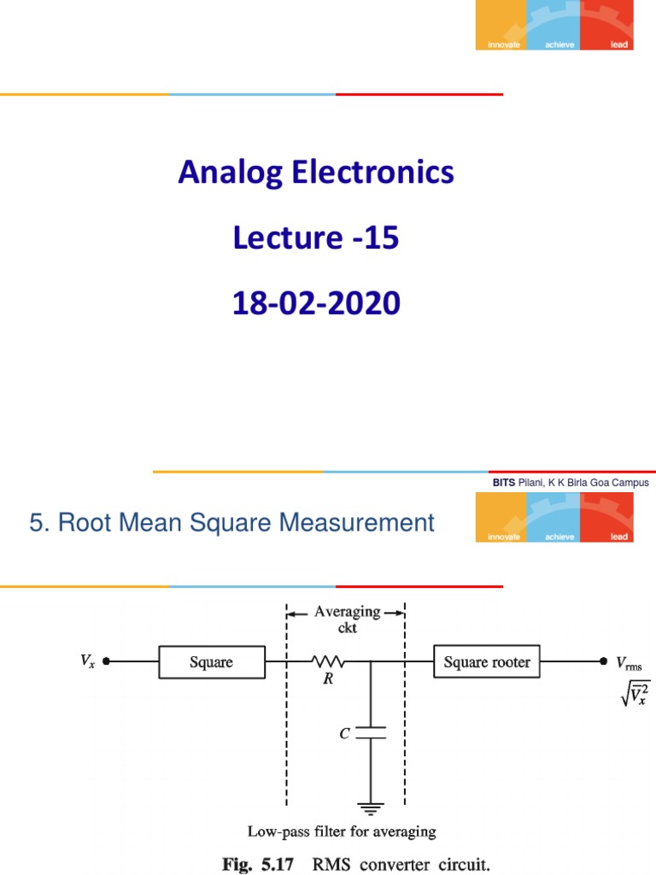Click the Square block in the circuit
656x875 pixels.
[211, 662]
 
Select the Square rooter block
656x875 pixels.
[487, 662]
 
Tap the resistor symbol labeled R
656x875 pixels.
[327, 661]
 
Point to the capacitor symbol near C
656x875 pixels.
[371, 731]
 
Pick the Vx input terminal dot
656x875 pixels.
[106, 661]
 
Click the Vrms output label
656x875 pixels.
[629, 663]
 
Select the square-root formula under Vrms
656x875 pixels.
[635, 694]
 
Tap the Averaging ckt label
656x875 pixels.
[346, 620]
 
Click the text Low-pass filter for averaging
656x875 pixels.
[342, 831]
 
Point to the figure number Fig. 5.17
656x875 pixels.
[258, 864]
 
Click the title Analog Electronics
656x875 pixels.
[316, 173]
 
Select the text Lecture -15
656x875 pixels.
[316, 238]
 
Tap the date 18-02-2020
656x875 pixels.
[316, 303]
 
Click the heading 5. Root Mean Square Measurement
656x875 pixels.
[231, 522]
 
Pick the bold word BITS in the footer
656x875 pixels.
[504, 483]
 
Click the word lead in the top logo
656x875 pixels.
[618, 44]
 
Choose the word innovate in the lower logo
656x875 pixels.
[504, 537]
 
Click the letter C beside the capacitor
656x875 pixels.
[343, 732]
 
